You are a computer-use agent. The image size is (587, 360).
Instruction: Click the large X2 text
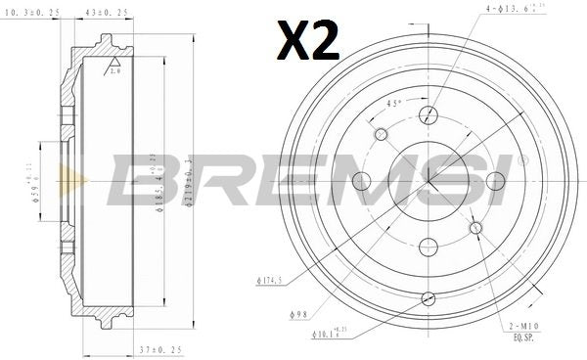(308, 39)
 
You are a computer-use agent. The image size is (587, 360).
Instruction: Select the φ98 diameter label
(301, 313)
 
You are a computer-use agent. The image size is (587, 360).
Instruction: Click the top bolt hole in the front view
(427, 115)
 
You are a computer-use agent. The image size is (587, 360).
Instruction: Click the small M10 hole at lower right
(476, 228)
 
